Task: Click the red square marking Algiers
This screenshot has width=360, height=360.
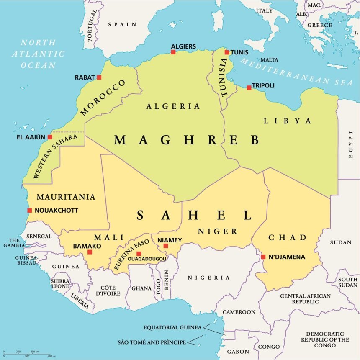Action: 173,52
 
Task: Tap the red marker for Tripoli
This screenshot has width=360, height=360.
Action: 249,87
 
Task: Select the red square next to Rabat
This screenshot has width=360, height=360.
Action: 99,77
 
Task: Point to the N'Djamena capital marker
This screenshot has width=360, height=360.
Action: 263,257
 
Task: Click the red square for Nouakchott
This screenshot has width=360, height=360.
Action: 29,210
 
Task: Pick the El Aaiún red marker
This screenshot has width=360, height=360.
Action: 50,137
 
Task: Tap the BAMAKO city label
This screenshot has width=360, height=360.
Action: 87,246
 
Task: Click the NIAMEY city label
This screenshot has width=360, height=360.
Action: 170,240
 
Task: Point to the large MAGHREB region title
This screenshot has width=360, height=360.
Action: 187,140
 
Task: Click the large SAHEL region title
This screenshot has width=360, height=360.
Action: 195,215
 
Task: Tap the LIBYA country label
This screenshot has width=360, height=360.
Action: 288,121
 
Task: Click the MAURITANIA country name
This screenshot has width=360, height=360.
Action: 66,197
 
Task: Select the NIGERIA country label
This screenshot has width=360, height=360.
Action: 208,278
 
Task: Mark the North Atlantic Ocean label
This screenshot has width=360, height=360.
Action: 38,54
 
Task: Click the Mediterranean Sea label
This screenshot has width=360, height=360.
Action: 297,71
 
